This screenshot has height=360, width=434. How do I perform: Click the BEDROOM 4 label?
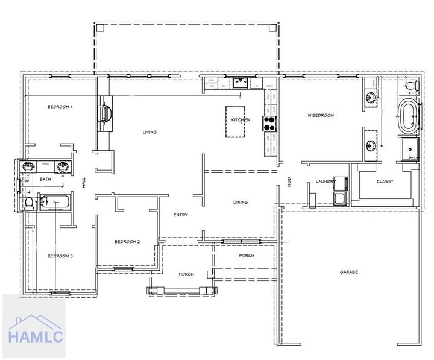(x=60, y=107)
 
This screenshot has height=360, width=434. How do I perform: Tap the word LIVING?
(x=149, y=132)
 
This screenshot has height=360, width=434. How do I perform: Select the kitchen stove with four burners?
(x=269, y=123)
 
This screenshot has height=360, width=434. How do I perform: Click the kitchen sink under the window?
(x=240, y=83)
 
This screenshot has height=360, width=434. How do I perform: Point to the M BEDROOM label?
(x=321, y=115)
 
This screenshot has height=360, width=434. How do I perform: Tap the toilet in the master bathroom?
(x=411, y=87)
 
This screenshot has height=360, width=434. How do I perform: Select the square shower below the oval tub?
(x=409, y=148)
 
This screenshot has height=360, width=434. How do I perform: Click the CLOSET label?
(x=385, y=182)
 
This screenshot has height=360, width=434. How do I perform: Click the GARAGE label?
(x=348, y=272)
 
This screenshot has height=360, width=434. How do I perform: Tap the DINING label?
(x=241, y=203)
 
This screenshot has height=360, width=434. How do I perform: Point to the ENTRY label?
(x=180, y=215)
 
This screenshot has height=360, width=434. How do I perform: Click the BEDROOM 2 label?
(x=127, y=242)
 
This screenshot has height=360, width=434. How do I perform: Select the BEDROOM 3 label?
(x=60, y=256)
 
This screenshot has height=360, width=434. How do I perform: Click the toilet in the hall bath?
(x=28, y=203)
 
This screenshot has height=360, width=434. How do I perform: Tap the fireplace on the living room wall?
(x=105, y=113)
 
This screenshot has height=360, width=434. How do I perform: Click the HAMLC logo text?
(x=35, y=337)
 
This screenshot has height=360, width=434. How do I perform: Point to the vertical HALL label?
(x=84, y=183)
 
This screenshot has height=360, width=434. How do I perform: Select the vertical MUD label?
(x=289, y=182)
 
